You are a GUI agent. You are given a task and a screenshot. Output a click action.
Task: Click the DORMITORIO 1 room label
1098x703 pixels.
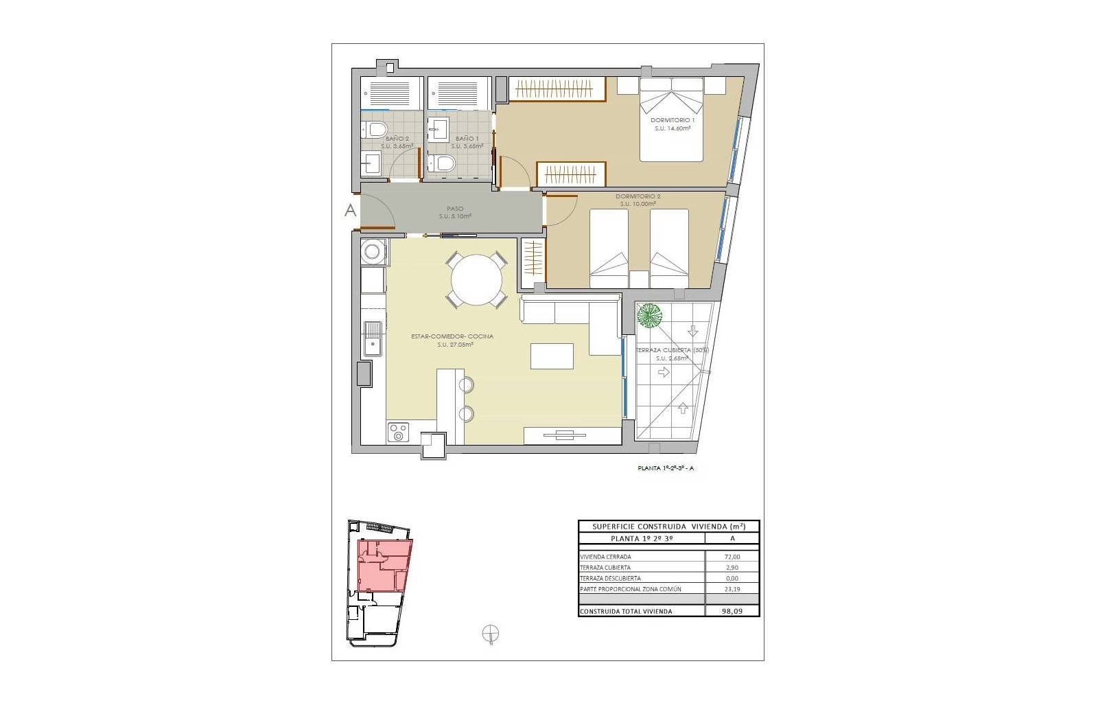tap(672, 119)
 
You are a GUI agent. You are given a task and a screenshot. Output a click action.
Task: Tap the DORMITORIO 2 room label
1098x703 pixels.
tap(638, 197)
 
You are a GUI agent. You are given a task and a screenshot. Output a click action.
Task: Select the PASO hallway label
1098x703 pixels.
tap(455, 209)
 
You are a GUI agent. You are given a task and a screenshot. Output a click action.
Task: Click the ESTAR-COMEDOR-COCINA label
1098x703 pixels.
tap(452, 336)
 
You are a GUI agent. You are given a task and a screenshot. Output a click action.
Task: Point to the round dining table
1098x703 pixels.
tap(476, 279)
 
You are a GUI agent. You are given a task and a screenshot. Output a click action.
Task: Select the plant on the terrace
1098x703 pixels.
tap(649, 316)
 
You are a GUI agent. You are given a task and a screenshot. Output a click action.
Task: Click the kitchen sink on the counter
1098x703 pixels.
tap(373, 339)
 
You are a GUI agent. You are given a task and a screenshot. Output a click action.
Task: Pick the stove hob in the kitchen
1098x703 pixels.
tap(398, 432)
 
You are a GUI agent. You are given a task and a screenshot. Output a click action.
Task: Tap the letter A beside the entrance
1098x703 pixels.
tap(350, 211)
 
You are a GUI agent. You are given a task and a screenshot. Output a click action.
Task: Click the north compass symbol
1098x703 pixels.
tap(491, 633)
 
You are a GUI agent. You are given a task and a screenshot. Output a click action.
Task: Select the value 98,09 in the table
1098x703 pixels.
tap(732, 611)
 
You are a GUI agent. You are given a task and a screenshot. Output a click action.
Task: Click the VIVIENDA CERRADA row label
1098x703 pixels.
tap(605, 557)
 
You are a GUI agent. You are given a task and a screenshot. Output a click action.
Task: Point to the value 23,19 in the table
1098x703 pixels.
tap(732, 589)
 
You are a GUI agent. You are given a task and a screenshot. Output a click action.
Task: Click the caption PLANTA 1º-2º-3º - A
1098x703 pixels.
tap(665, 469)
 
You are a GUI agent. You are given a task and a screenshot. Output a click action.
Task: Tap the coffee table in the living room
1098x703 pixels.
tap(552, 356)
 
